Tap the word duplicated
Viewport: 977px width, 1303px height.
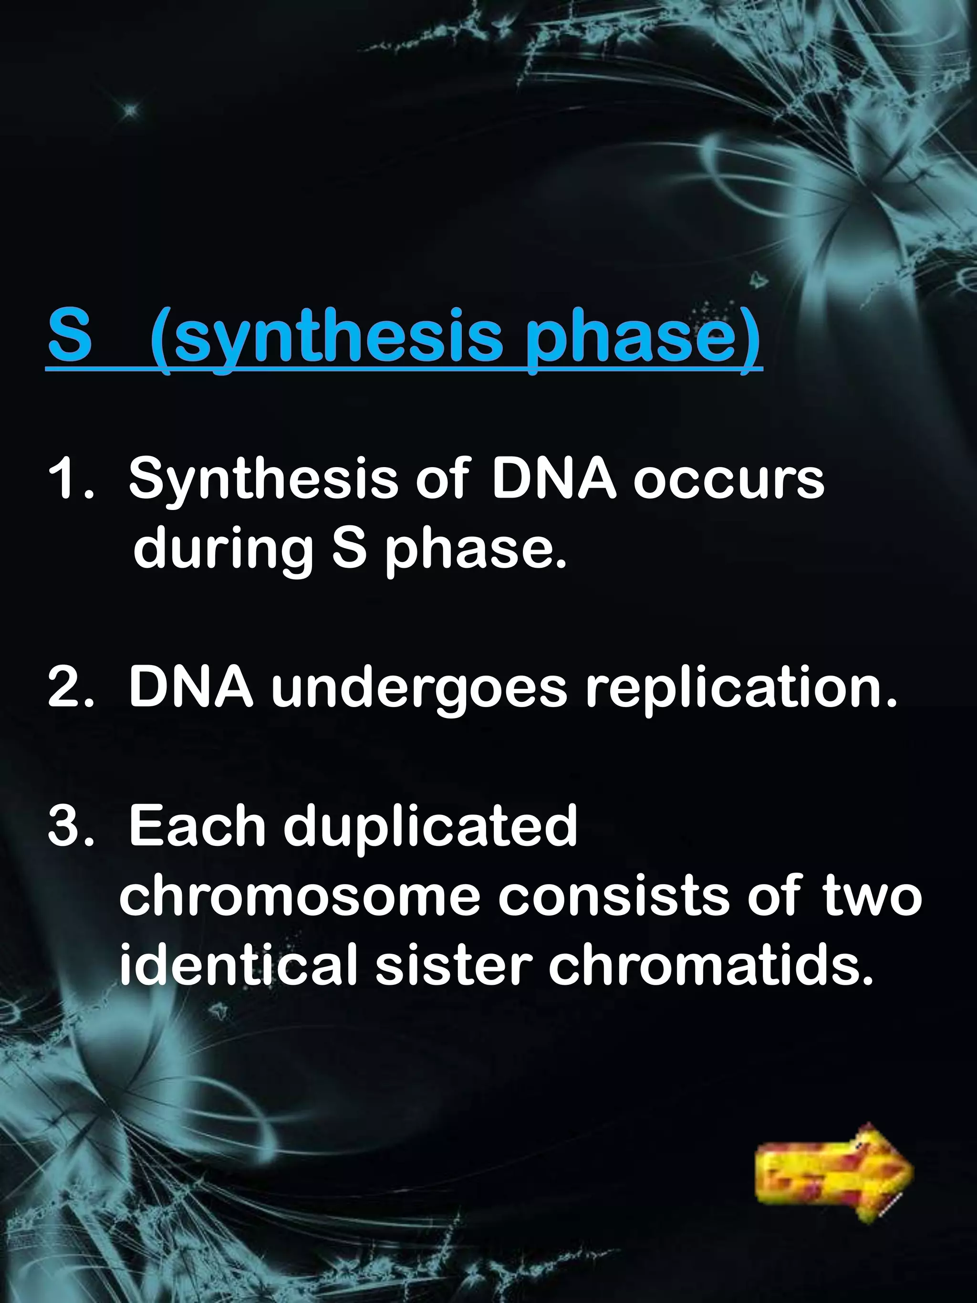430,828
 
